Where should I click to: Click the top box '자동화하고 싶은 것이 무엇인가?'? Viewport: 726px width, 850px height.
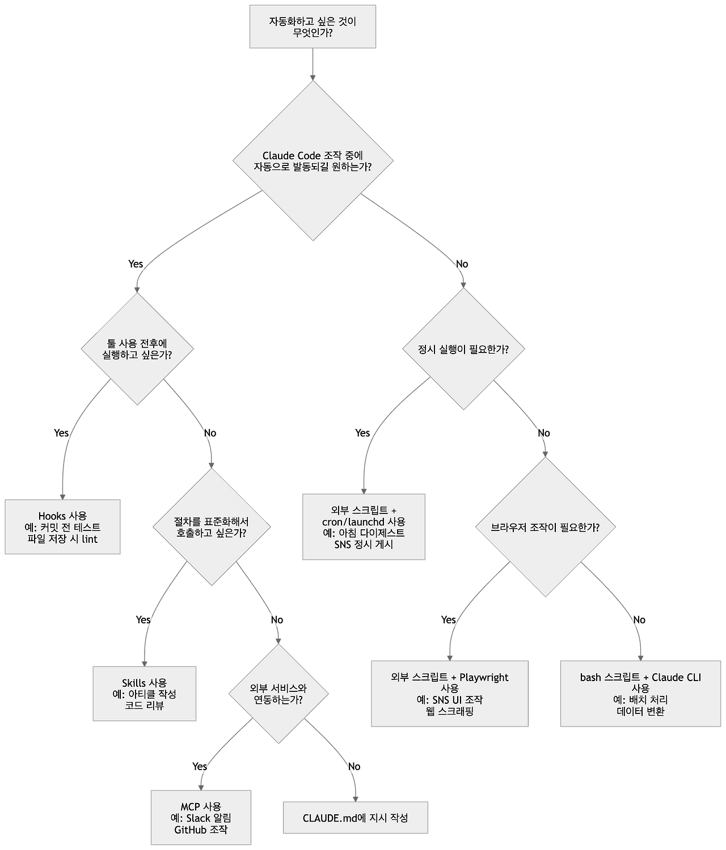coord(313,27)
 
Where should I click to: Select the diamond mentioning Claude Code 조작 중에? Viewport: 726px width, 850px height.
coord(313,161)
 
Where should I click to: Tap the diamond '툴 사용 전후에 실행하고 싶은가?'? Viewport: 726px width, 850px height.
coord(137,348)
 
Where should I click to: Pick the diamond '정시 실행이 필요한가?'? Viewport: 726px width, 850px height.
coord(463,349)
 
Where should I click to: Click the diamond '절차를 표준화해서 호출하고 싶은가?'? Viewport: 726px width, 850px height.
coord(211,527)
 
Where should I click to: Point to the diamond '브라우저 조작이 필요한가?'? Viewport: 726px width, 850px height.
coord(545,527)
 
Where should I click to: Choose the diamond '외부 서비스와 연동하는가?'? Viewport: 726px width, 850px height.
coord(278,694)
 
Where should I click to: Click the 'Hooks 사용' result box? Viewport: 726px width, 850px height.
coord(62,527)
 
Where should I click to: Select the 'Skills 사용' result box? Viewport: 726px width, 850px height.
coord(144,694)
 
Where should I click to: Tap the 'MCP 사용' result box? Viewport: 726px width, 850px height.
coord(201,818)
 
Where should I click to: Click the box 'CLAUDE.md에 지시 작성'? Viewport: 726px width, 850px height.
coord(355,818)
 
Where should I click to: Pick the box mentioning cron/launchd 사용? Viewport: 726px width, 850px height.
coord(364,527)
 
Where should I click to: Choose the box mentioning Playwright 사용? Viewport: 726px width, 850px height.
coord(450,694)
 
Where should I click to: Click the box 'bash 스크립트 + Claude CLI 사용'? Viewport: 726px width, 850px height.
coord(640,694)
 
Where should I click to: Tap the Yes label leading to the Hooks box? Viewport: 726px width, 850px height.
coord(61,433)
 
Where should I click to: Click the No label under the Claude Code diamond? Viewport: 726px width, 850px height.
coord(462,263)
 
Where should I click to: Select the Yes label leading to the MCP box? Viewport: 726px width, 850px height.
coord(200,767)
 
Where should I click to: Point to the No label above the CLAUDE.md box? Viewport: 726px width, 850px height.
coord(354,767)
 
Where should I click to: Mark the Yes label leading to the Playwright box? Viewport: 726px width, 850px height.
coord(448,619)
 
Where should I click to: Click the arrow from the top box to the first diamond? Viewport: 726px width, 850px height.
coord(313,64)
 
